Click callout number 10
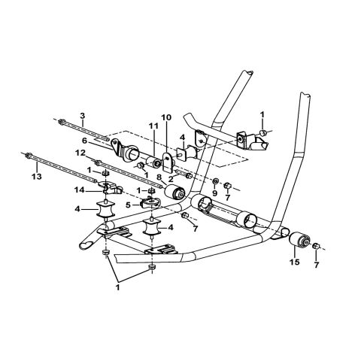click(x=166, y=117)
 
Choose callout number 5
click(x=129, y=204)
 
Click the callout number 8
click(x=159, y=179)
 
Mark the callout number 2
click(x=173, y=179)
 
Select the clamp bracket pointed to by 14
click(x=111, y=187)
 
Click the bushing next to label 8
click(x=180, y=195)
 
